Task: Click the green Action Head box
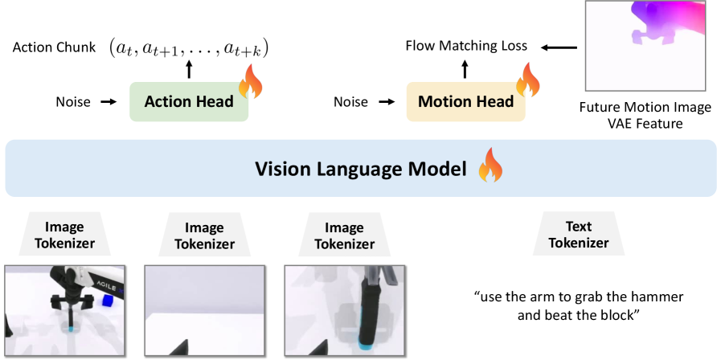tap(188, 102)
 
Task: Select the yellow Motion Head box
tap(465, 102)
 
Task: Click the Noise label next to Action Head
tap(73, 102)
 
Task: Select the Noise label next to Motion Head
tap(350, 102)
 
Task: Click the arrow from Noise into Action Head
tap(109, 102)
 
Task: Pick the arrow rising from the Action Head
tap(190, 70)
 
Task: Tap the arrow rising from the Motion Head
tap(464, 70)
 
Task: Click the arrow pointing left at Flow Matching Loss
tap(559, 47)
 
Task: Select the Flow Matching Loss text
tap(467, 46)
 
